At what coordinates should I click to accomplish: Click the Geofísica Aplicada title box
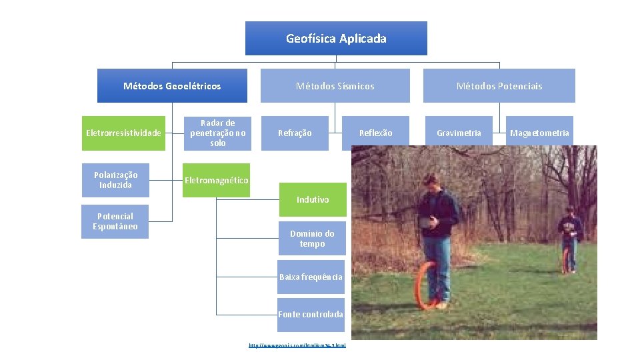coord(336,38)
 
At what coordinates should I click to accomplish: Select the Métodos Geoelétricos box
coord(172,86)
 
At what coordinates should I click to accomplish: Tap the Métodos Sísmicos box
coord(335,86)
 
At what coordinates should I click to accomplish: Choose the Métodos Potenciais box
coord(499,86)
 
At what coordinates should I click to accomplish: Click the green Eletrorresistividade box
coord(123,133)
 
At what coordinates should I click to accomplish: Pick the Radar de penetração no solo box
coord(217,133)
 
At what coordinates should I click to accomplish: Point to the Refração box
coord(294,133)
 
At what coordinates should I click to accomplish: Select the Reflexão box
coord(375,133)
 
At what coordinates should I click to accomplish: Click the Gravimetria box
coord(459,133)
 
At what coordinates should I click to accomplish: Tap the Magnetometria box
coord(539,133)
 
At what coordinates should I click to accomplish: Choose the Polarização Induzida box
coord(115,180)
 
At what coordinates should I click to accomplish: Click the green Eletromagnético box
coord(217,181)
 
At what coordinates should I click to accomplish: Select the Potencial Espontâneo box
coord(115,221)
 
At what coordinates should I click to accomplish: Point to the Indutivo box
coord(313,199)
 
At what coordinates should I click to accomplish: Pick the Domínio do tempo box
coord(312,239)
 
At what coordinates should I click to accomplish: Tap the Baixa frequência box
coord(311,277)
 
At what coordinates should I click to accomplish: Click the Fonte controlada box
coord(311,314)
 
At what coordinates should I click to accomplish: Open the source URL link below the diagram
coord(297,345)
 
